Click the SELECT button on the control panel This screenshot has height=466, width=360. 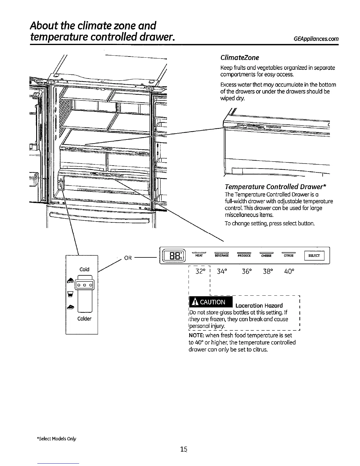314,256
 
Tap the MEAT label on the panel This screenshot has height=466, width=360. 199,256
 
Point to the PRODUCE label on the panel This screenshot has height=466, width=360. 244,256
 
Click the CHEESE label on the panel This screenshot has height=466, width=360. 266,256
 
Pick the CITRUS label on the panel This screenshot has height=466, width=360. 289,256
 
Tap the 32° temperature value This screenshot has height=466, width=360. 201,271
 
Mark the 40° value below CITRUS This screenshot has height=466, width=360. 289,271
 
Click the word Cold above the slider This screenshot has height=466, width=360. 84,269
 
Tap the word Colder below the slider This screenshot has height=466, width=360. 84,319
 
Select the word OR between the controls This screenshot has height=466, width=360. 128,258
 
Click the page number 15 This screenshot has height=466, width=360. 184,449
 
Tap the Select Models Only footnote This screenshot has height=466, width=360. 57,439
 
